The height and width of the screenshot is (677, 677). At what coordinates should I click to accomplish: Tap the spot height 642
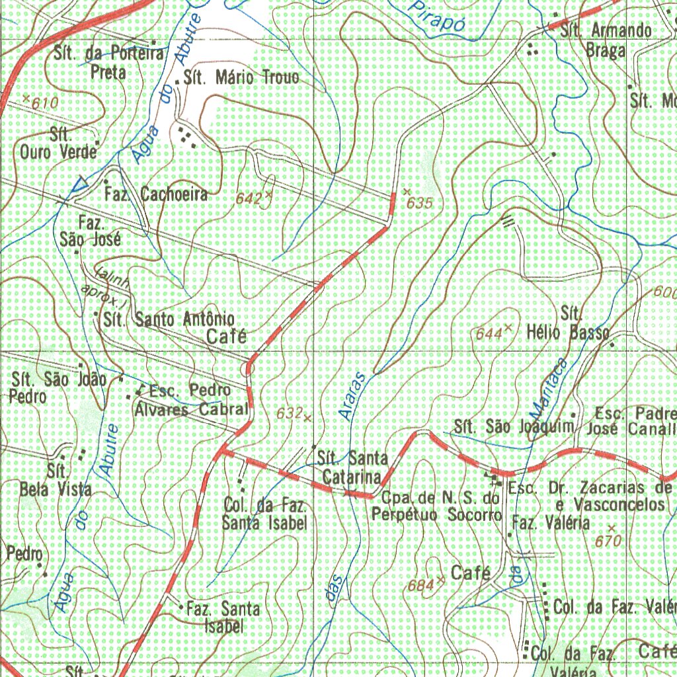pos(249,198)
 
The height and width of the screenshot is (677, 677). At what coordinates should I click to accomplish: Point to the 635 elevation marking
pos(420,204)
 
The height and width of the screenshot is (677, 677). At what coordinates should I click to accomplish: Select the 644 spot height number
pos(489,335)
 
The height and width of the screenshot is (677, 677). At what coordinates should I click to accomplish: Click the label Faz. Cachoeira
pos(156,194)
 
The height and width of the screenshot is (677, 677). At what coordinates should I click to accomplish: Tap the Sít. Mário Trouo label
pos(241,78)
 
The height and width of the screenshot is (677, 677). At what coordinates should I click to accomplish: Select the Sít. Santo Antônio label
pos(169,319)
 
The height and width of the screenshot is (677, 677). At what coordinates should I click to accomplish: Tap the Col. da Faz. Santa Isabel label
pos(264,515)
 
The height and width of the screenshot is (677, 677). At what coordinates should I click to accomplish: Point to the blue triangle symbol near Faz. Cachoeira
pos(81,185)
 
